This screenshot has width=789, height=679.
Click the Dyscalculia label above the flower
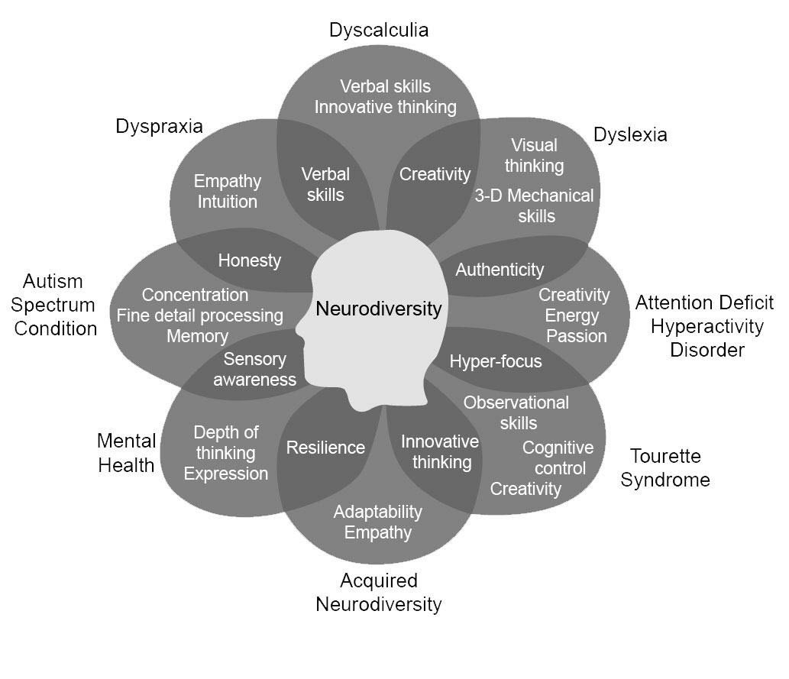point(378,31)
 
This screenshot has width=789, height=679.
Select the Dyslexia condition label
point(630,135)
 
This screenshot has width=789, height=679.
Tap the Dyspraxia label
point(159,126)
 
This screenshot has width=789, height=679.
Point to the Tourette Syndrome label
point(665,467)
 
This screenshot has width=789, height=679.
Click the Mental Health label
point(126,453)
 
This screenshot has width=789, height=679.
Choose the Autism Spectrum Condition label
point(59,305)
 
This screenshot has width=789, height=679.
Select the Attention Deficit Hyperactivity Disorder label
point(704,326)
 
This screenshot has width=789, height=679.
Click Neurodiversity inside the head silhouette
point(378,309)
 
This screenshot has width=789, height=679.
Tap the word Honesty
point(249,260)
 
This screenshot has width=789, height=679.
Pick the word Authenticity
point(500,270)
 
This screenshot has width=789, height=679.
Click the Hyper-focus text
point(495,361)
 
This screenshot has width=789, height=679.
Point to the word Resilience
point(325,448)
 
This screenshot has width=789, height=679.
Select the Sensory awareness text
point(254,369)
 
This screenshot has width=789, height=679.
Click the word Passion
point(577,336)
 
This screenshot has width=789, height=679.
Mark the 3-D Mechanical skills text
point(534,205)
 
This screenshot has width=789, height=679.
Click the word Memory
point(197,336)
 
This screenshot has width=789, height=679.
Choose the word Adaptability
point(377,512)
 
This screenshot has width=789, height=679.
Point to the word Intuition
point(227,202)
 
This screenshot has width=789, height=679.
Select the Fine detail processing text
point(199,315)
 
